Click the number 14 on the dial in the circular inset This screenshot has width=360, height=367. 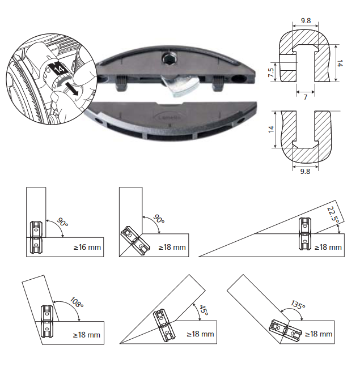pos(60,69)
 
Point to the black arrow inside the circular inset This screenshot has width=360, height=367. pos(71,88)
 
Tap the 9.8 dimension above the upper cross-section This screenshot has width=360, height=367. pos(306,21)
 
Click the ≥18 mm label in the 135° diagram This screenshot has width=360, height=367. pos(317,334)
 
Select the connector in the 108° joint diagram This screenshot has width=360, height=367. pos(46,321)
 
